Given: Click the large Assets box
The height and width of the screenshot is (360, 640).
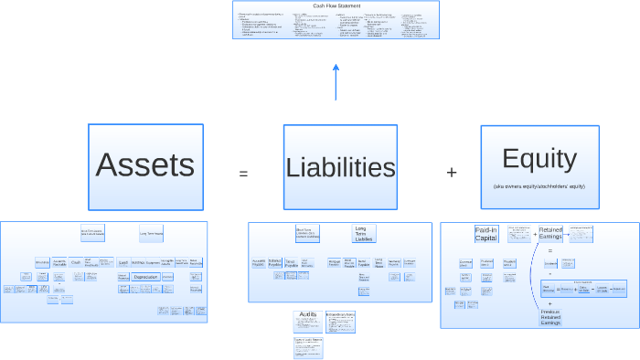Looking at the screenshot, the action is tap(145, 166).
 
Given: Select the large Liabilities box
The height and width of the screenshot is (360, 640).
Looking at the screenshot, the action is tap(340, 166).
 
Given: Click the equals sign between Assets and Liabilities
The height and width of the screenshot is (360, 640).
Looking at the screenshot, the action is tap(243, 173).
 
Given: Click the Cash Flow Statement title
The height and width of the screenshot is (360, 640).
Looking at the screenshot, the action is tap(336, 5).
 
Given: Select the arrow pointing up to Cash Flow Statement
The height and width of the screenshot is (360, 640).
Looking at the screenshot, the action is tap(336, 82).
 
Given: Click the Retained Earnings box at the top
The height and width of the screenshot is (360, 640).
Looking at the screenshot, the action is tap(550, 235).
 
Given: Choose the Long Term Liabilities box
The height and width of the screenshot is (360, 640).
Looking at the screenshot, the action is tap(364, 233).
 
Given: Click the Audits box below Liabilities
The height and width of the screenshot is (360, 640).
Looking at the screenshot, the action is tap(307, 319).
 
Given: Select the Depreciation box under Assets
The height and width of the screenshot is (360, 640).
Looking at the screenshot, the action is tap(145, 276).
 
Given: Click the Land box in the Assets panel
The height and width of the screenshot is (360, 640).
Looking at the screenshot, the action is tap(123, 262).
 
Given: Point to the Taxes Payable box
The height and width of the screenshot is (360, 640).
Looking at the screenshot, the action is tap(290, 262).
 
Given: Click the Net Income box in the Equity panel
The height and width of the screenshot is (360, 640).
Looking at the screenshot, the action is tap(549, 288).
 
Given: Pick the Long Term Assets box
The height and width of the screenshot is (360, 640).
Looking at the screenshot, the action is tap(151, 233).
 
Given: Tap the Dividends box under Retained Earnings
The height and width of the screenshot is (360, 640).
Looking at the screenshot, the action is tap(550, 263).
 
